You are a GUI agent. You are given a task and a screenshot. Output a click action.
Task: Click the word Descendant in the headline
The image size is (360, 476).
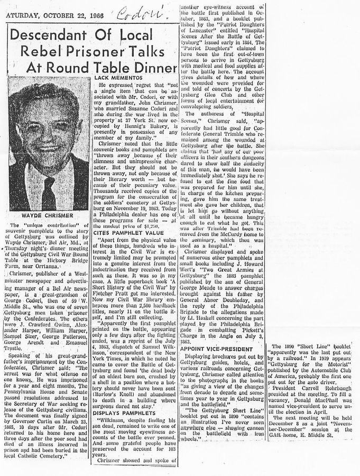[46, 36]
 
